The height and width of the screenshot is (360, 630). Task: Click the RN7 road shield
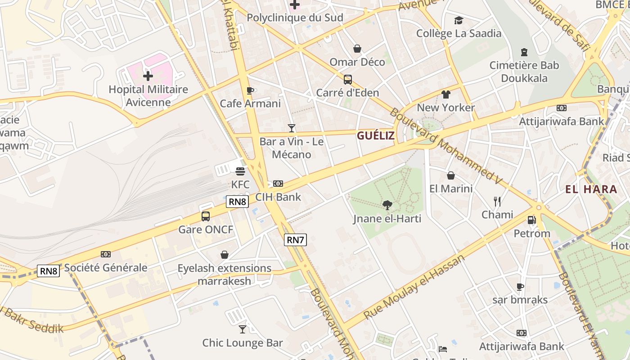(295, 240)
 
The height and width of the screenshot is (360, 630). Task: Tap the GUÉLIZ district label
(376, 135)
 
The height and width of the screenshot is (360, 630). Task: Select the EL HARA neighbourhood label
(591, 189)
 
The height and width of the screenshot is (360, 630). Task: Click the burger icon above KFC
(240, 171)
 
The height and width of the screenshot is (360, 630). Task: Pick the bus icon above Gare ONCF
(206, 216)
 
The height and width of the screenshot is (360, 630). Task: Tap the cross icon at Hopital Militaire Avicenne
(148, 76)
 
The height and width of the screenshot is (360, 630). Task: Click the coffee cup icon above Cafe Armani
(250, 90)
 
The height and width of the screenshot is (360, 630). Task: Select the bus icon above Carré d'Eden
(348, 80)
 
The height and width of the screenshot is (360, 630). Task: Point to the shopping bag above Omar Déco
(357, 49)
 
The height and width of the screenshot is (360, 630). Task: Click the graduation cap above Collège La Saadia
(459, 20)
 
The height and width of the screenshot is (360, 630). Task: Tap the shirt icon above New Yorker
(445, 94)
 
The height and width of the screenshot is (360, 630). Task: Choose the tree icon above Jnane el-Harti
(387, 206)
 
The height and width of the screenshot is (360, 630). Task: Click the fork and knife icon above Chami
(497, 201)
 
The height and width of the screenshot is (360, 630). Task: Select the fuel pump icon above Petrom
(532, 220)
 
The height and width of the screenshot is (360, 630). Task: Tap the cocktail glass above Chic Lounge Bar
(243, 329)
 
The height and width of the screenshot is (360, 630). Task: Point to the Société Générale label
(106, 268)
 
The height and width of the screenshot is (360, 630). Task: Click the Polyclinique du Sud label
(295, 18)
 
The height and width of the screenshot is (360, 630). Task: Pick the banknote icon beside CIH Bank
(278, 184)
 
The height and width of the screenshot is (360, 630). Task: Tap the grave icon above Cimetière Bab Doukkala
(524, 52)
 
